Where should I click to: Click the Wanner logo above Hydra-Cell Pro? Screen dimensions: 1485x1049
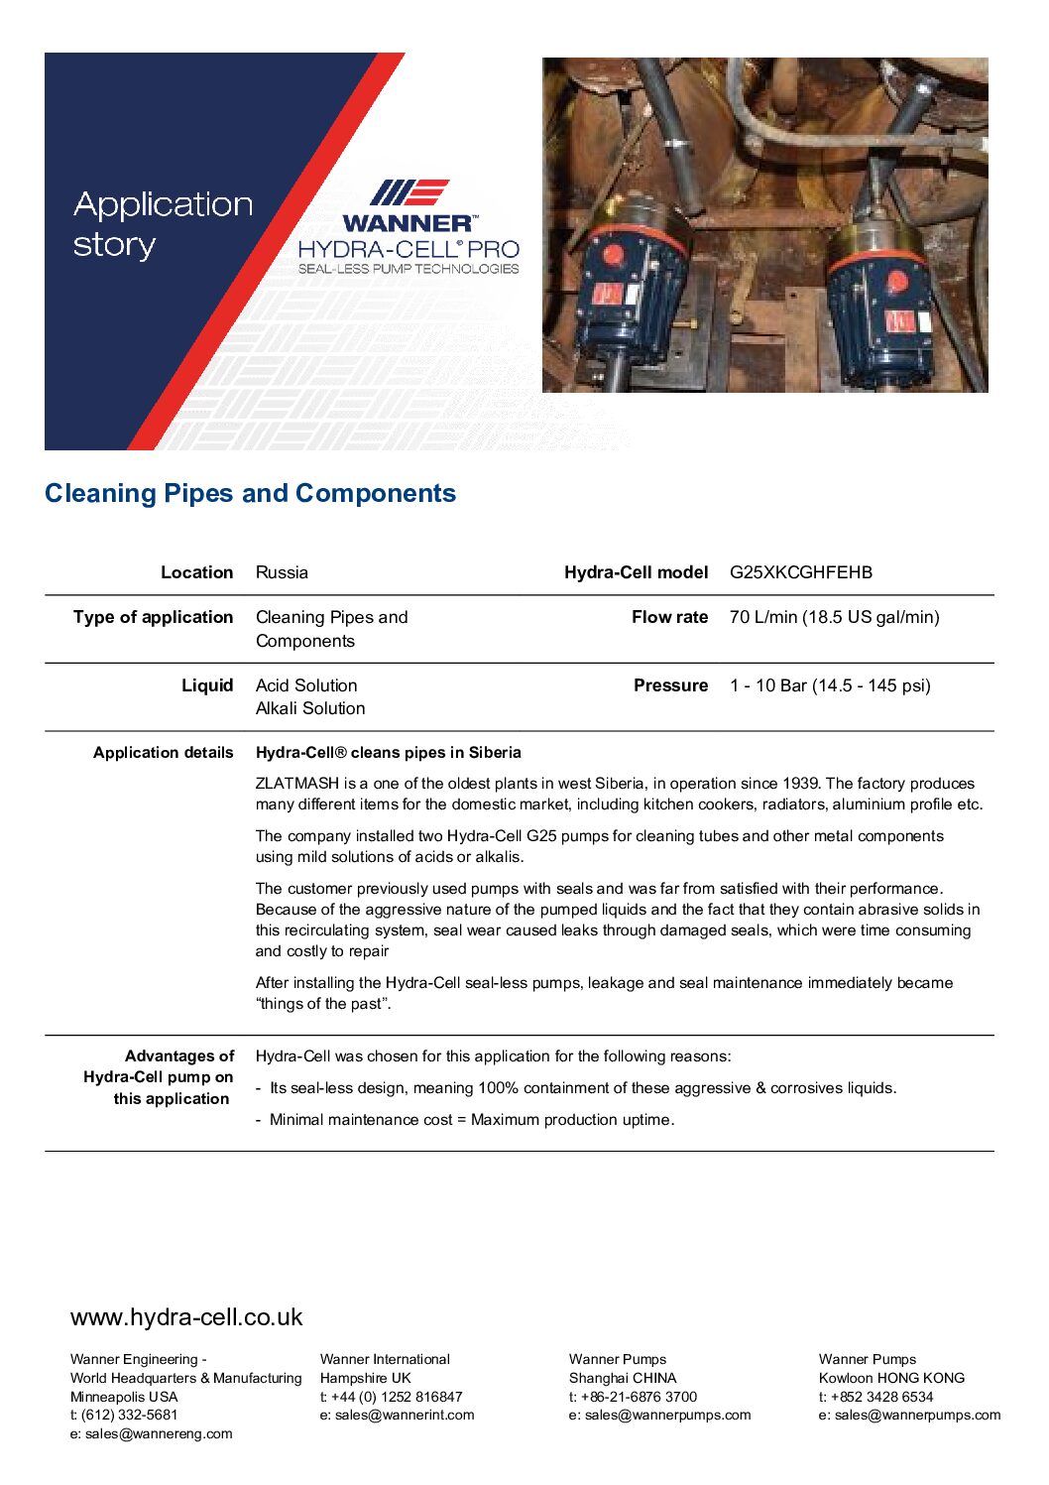[x=409, y=206]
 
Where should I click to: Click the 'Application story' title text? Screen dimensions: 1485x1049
[x=163, y=224]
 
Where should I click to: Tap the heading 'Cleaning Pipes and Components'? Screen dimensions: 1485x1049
[x=251, y=493]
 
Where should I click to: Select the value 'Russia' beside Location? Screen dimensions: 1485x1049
[x=282, y=572]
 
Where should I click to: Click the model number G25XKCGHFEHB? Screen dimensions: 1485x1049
[x=801, y=572]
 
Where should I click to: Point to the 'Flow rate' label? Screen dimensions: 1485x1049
[x=669, y=617]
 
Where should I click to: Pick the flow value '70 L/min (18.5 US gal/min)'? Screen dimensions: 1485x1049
[x=834, y=617]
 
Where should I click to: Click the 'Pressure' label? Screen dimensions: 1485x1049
[x=670, y=685]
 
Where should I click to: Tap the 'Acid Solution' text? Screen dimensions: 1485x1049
[x=306, y=685]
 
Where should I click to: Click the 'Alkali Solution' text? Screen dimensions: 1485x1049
[x=310, y=708]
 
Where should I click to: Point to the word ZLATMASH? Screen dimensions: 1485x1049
[x=297, y=784]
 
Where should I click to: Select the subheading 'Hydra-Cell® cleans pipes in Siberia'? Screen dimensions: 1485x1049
[x=388, y=753]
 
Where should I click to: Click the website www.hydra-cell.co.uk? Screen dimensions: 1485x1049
[x=186, y=1317]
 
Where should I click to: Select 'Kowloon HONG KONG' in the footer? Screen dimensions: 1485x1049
[x=891, y=1378]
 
